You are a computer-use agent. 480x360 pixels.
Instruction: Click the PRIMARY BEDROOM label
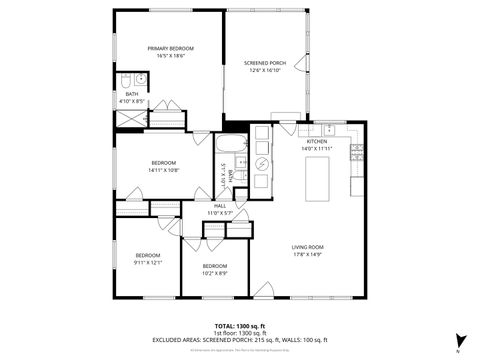click(170, 48)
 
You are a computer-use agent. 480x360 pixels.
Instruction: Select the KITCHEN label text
click(317, 142)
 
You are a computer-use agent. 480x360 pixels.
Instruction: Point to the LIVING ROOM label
click(307, 247)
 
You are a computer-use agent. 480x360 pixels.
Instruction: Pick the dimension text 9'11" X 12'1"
click(148, 263)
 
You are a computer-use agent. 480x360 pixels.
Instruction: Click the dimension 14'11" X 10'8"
click(164, 170)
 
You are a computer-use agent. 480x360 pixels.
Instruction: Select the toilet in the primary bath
click(130, 80)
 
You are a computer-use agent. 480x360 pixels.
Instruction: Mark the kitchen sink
click(327, 128)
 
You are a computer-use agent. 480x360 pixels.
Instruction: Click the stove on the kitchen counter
click(356, 152)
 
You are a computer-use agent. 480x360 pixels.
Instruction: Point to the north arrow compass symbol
click(459, 341)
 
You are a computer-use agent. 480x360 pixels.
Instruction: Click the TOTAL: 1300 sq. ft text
click(239, 326)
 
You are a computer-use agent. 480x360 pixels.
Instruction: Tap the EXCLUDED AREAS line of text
click(239, 340)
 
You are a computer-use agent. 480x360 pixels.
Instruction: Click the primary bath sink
click(142, 80)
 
